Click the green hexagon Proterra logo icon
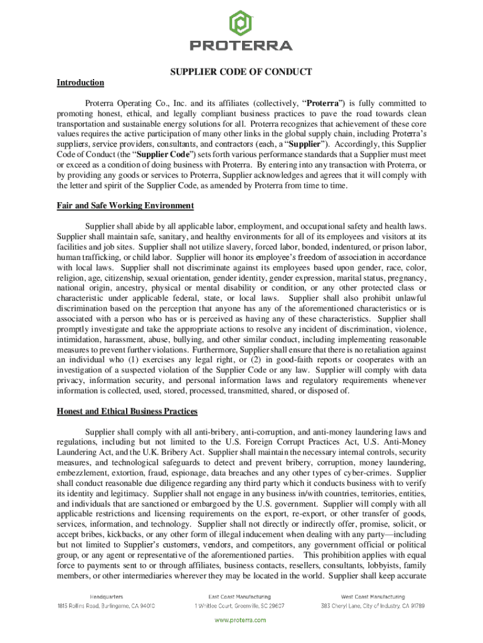(x=241, y=23)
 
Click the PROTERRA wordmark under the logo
(x=241, y=46)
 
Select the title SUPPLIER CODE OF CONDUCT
(x=241, y=72)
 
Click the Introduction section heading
(x=80, y=83)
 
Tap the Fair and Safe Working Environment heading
(x=125, y=206)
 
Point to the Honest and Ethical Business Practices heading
(x=127, y=411)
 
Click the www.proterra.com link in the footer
(x=241, y=620)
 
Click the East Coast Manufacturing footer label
(x=240, y=596)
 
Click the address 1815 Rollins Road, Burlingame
(x=105, y=606)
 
